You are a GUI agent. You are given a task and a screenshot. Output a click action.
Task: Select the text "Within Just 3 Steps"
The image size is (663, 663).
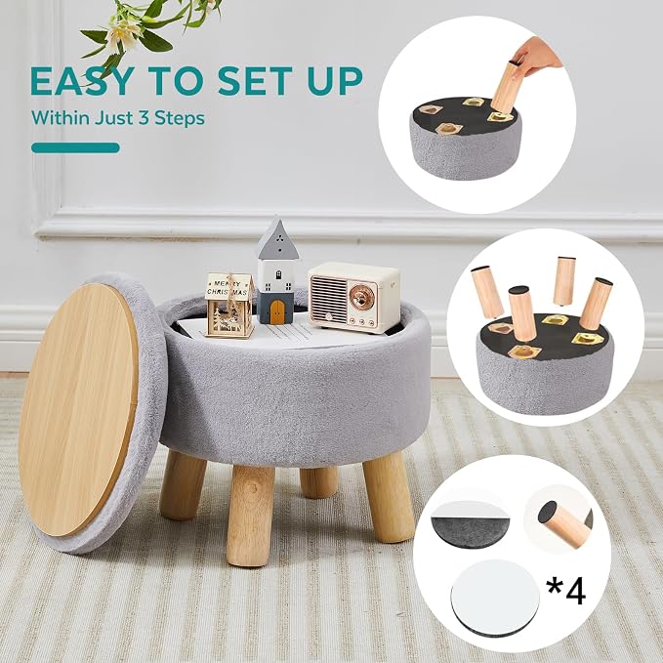tap(118, 117)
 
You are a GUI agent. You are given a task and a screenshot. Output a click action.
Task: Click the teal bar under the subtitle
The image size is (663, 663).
tap(75, 148)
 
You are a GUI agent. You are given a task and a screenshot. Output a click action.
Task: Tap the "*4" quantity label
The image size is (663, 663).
tap(565, 590)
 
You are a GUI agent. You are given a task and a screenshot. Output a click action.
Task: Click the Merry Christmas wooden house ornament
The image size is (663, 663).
tap(228, 305)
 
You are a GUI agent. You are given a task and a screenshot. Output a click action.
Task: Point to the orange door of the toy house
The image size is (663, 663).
tap(277, 312)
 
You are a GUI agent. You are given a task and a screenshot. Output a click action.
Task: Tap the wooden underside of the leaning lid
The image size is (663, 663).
tap(78, 409)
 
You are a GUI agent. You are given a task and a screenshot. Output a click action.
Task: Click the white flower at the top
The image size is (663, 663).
tap(120, 34)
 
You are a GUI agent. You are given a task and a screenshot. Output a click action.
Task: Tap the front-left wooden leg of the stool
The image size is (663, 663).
tap(250, 515)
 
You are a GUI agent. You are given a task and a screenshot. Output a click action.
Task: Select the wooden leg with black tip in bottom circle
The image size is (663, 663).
tap(563, 523)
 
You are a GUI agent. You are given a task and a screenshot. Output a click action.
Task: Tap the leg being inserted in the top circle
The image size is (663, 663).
tap(505, 88)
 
